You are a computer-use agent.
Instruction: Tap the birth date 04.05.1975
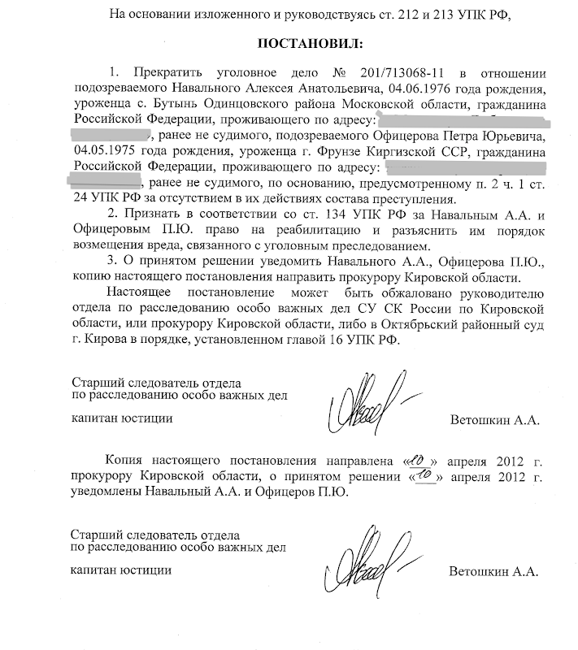coord(102,151)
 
